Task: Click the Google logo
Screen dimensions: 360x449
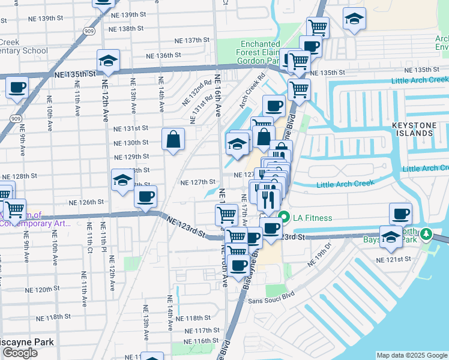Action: tap(20, 353)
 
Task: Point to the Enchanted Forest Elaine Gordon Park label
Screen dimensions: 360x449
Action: tap(260, 52)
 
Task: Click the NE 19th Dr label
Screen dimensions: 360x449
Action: tap(319, 254)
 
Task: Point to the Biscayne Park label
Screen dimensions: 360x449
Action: tap(27, 343)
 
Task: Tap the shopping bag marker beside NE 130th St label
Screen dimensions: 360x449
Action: tap(173, 140)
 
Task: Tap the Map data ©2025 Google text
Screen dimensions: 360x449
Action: tap(411, 355)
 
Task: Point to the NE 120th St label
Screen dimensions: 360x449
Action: tap(52, 289)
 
